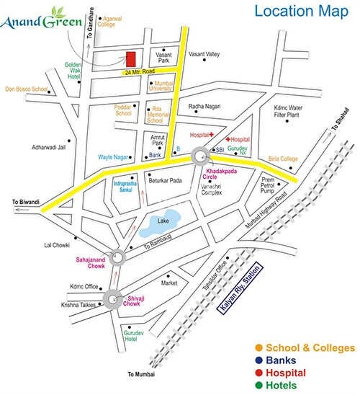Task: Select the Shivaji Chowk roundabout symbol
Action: coord(112,298)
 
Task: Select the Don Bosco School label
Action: coord(26,89)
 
